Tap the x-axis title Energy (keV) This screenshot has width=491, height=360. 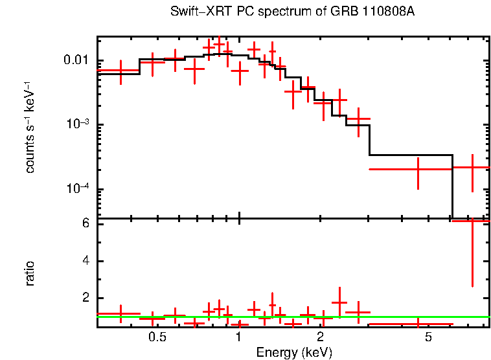(x=294, y=352)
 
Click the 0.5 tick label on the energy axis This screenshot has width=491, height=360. (x=157, y=338)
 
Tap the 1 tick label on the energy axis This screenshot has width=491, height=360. (x=239, y=338)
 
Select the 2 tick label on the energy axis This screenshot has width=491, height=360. (x=321, y=338)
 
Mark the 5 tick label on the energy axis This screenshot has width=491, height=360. (x=428, y=338)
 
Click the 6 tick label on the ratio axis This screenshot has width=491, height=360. (x=84, y=223)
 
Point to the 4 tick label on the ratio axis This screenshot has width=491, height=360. (x=84, y=261)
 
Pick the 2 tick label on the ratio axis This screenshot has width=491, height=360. (x=84, y=298)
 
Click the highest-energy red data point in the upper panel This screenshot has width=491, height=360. (x=472, y=168)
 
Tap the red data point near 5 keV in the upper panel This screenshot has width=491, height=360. (x=418, y=169)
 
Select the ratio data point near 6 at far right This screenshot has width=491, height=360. (x=472, y=221)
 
